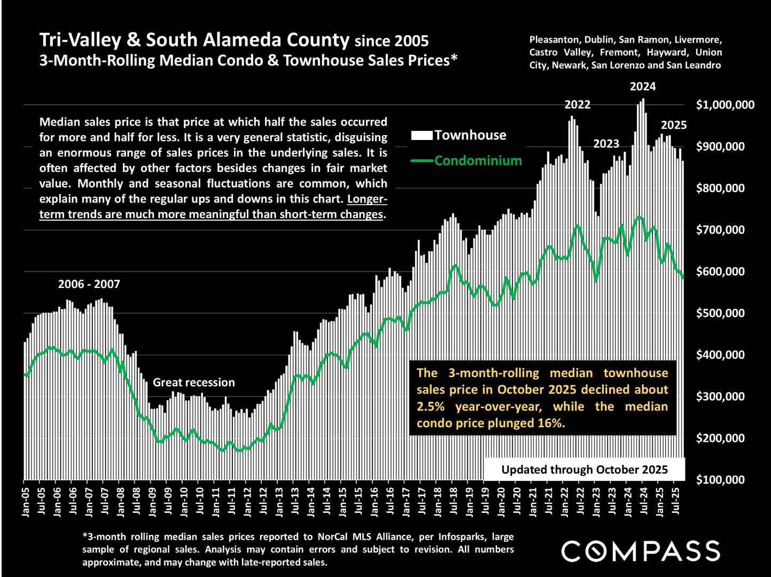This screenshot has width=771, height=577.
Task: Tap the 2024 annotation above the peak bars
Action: click(x=643, y=87)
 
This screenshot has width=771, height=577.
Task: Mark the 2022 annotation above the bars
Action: click(x=578, y=105)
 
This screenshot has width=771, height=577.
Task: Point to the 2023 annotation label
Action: click(x=606, y=144)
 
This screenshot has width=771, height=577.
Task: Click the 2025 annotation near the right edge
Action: click(x=674, y=125)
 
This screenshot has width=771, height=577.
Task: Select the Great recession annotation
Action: click(x=194, y=383)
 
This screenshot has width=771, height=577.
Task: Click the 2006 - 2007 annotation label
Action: click(x=89, y=284)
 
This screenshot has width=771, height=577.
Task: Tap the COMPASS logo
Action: click(x=641, y=551)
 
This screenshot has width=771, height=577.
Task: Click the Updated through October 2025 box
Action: click(x=584, y=470)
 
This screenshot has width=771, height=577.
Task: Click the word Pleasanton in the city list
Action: click(x=554, y=40)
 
